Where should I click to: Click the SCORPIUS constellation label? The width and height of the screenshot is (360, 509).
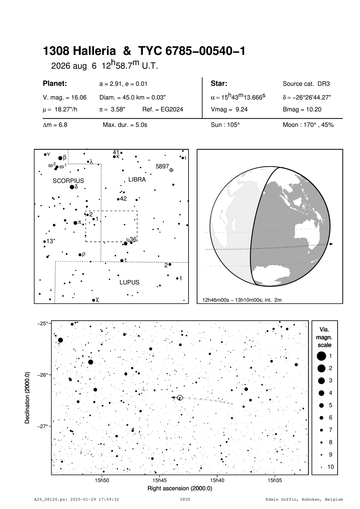[68, 181]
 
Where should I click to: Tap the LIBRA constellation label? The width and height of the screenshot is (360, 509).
[137, 180]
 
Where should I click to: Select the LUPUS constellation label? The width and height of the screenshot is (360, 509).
[129, 282]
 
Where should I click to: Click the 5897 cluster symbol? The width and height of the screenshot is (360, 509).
[171, 170]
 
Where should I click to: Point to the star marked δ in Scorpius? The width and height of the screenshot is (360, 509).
[72, 187]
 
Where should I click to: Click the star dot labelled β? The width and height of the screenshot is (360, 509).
[60, 158]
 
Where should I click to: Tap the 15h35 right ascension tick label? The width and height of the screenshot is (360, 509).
[275, 481]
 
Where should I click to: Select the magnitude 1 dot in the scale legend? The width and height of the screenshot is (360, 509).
[321, 356]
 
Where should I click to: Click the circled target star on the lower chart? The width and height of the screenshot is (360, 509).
[180, 398]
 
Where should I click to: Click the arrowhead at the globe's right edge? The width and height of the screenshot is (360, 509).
[331, 244]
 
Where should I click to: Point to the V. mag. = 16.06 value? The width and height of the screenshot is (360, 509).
[65, 98]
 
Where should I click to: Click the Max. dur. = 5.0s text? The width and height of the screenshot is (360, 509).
[125, 125]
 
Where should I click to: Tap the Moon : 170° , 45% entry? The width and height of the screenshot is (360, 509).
[308, 125]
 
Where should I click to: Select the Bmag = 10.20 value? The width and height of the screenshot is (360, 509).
[302, 110]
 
